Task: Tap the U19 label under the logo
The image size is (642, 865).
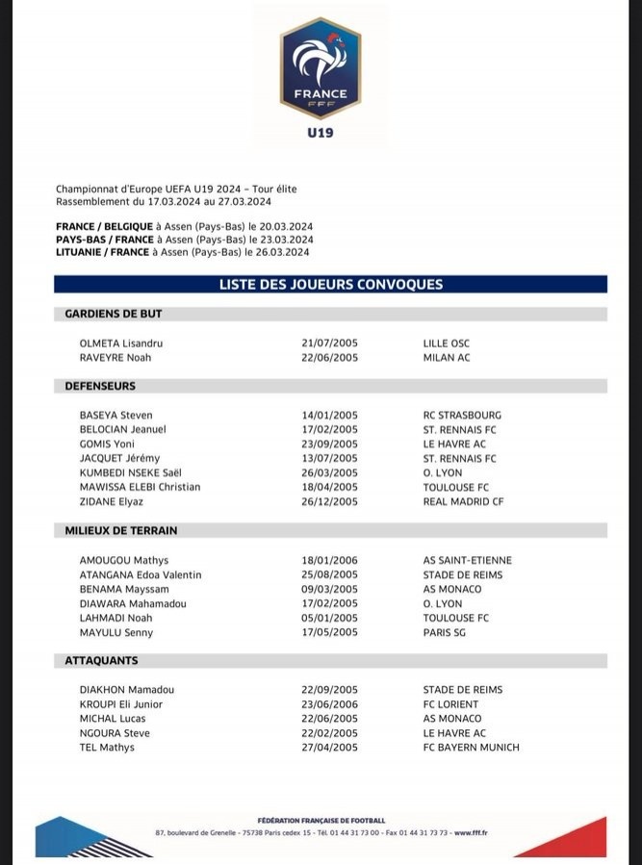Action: pyautogui.click(x=321, y=133)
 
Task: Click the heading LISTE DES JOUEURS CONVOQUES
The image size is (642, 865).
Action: pyautogui.click(x=330, y=284)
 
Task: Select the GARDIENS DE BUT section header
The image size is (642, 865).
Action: pyautogui.click(x=114, y=314)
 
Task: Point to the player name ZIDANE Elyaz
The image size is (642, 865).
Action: pyautogui.click(x=112, y=501)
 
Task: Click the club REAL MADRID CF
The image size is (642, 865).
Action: pyautogui.click(x=463, y=501)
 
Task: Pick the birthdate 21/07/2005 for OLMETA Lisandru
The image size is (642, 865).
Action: pyautogui.click(x=330, y=343)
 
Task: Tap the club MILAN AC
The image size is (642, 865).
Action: pyautogui.click(x=447, y=358)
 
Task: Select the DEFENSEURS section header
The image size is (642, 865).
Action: pyautogui.click(x=100, y=386)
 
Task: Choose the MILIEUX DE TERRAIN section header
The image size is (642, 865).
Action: pyautogui.click(x=121, y=530)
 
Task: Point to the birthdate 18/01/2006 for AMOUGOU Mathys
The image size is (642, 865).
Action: pyautogui.click(x=330, y=560)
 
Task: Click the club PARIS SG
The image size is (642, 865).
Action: pyautogui.click(x=445, y=632)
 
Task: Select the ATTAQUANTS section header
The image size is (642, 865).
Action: pyautogui.click(x=101, y=661)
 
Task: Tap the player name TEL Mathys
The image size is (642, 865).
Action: pyautogui.click(x=107, y=748)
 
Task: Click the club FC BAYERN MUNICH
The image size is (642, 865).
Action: pyautogui.click(x=471, y=748)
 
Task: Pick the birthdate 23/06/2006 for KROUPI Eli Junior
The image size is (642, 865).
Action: pyautogui.click(x=330, y=704)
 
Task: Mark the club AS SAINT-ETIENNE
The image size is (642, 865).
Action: pyautogui.click(x=467, y=560)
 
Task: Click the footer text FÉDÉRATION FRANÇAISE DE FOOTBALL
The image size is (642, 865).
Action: pyautogui.click(x=321, y=820)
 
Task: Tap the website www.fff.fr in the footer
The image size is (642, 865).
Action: pyautogui.click(x=470, y=832)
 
